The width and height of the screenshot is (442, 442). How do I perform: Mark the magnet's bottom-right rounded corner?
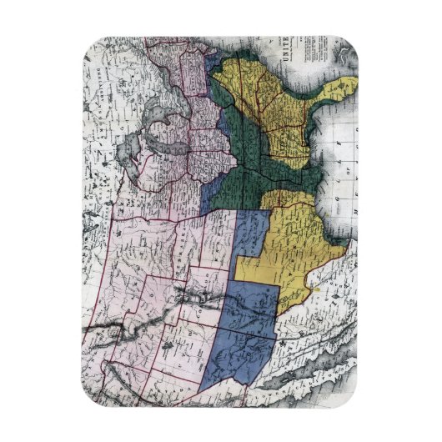(x=350, y=400)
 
